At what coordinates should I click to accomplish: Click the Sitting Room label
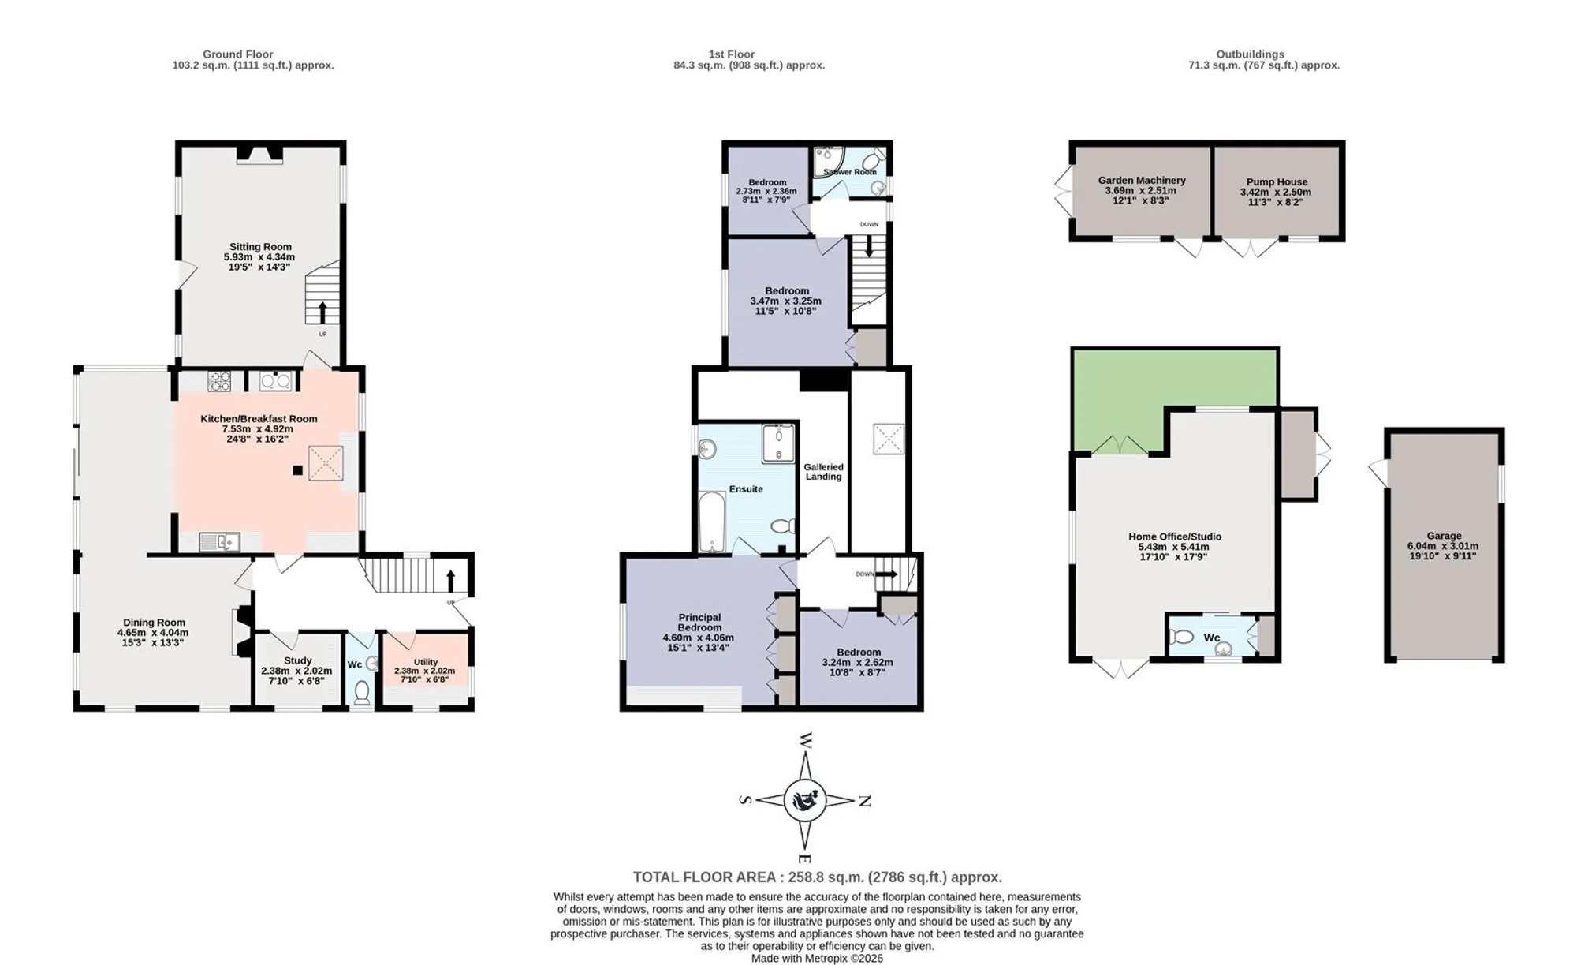(x=260, y=247)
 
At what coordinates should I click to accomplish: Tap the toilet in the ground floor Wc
(x=362, y=692)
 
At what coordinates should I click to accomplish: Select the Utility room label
(x=426, y=662)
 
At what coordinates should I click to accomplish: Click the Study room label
(x=297, y=660)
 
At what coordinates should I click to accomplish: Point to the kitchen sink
(x=220, y=541)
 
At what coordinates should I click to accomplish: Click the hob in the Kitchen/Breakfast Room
(x=219, y=381)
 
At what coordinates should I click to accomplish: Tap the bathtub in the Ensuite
(x=711, y=522)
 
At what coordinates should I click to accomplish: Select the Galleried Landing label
(x=823, y=472)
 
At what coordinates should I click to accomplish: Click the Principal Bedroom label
(x=699, y=623)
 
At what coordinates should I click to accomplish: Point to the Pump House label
(x=1277, y=181)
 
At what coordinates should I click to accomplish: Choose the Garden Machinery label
(x=1142, y=180)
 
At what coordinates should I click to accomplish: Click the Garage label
(x=1444, y=536)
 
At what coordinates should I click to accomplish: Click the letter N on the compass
(x=864, y=801)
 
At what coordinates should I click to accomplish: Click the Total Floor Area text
(x=818, y=877)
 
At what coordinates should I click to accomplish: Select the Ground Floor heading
(x=238, y=54)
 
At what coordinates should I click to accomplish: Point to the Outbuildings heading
(x=1250, y=54)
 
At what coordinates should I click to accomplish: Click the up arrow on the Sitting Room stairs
(x=322, y=312)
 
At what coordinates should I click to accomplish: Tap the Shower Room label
(x=850, y=172)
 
